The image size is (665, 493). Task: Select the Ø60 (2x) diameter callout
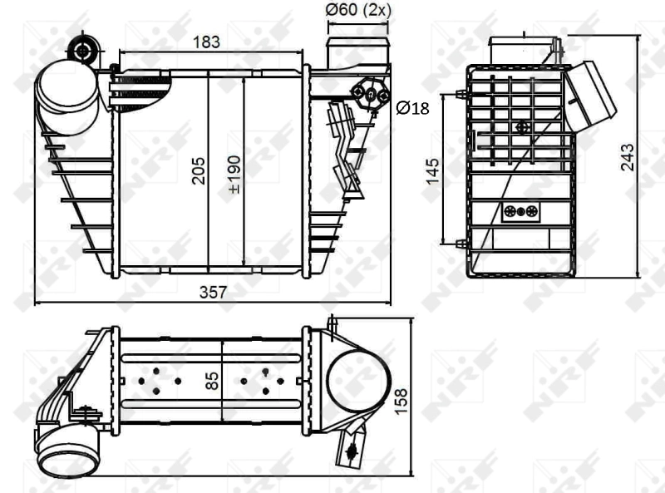(x=358, y=10)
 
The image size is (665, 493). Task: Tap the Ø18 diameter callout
(x=412, y=108)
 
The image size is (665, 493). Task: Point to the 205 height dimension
(x=198, y=171)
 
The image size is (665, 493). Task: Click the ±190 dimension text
(x=234, y=171)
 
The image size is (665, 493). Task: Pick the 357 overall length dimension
(x=213, y=291)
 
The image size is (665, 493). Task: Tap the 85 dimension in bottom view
(x=212, y=381)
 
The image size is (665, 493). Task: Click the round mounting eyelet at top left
(x=82, y=50)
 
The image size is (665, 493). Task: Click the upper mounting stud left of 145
(x=461, y=93)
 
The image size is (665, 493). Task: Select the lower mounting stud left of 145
(x=461, y=244)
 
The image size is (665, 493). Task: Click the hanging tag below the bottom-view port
(x=352, y=450)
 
